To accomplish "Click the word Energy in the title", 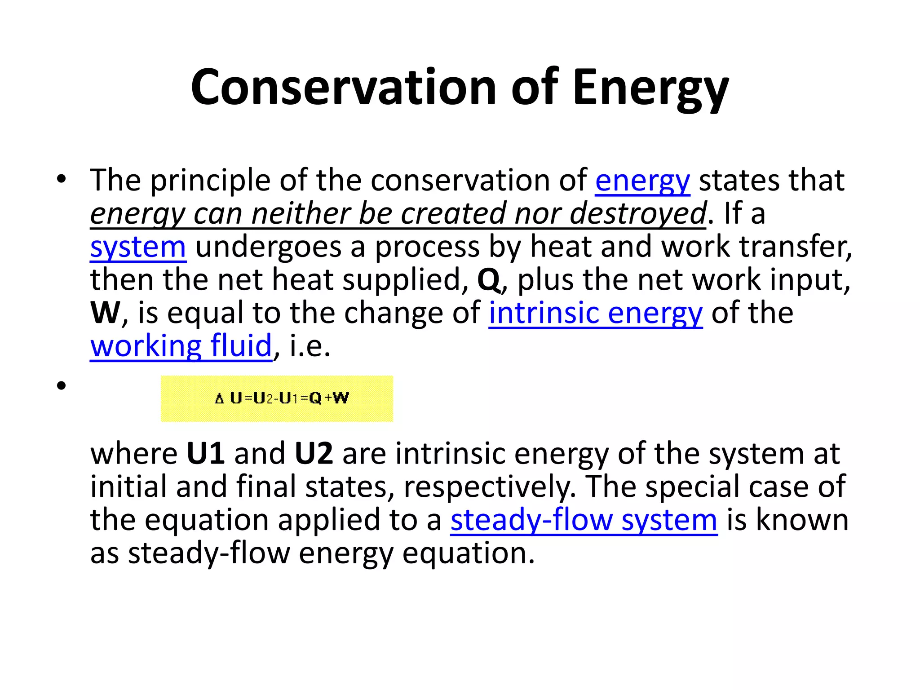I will (650, 87).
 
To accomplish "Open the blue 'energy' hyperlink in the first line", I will (642, 181).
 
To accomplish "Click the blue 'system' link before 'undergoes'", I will (138, 247).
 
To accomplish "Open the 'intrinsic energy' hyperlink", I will (596, 313).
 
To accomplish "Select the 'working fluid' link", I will (181, 346).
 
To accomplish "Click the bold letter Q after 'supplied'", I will (488, 280).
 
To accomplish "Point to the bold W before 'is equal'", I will (105, 313).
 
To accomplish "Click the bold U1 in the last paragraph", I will (206, 454).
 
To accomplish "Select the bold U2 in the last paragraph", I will (314, 454).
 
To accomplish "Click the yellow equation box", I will (277, 398).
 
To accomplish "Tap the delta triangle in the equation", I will (219, 398).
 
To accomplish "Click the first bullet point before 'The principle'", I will (62, 179).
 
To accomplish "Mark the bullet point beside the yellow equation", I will (62, 385).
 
